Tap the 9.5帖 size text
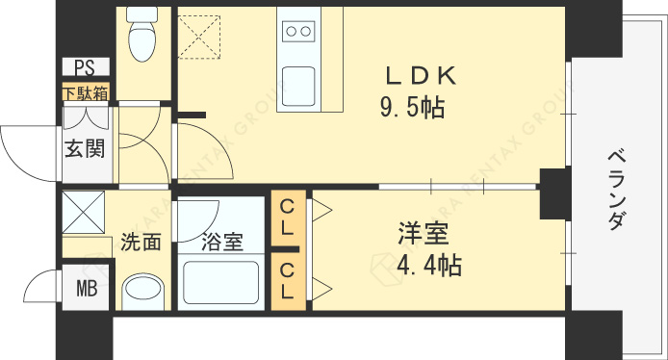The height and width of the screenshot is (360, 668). [x=411, y=107]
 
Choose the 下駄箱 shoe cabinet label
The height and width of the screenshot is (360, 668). [x=86, y=93]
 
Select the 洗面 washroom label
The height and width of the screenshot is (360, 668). [x=141, y=243]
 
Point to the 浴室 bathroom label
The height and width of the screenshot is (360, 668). [x=221, y=243]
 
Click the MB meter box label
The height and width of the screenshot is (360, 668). [x=88, y=288]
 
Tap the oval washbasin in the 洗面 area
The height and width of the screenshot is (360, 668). [x=143, y=290]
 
